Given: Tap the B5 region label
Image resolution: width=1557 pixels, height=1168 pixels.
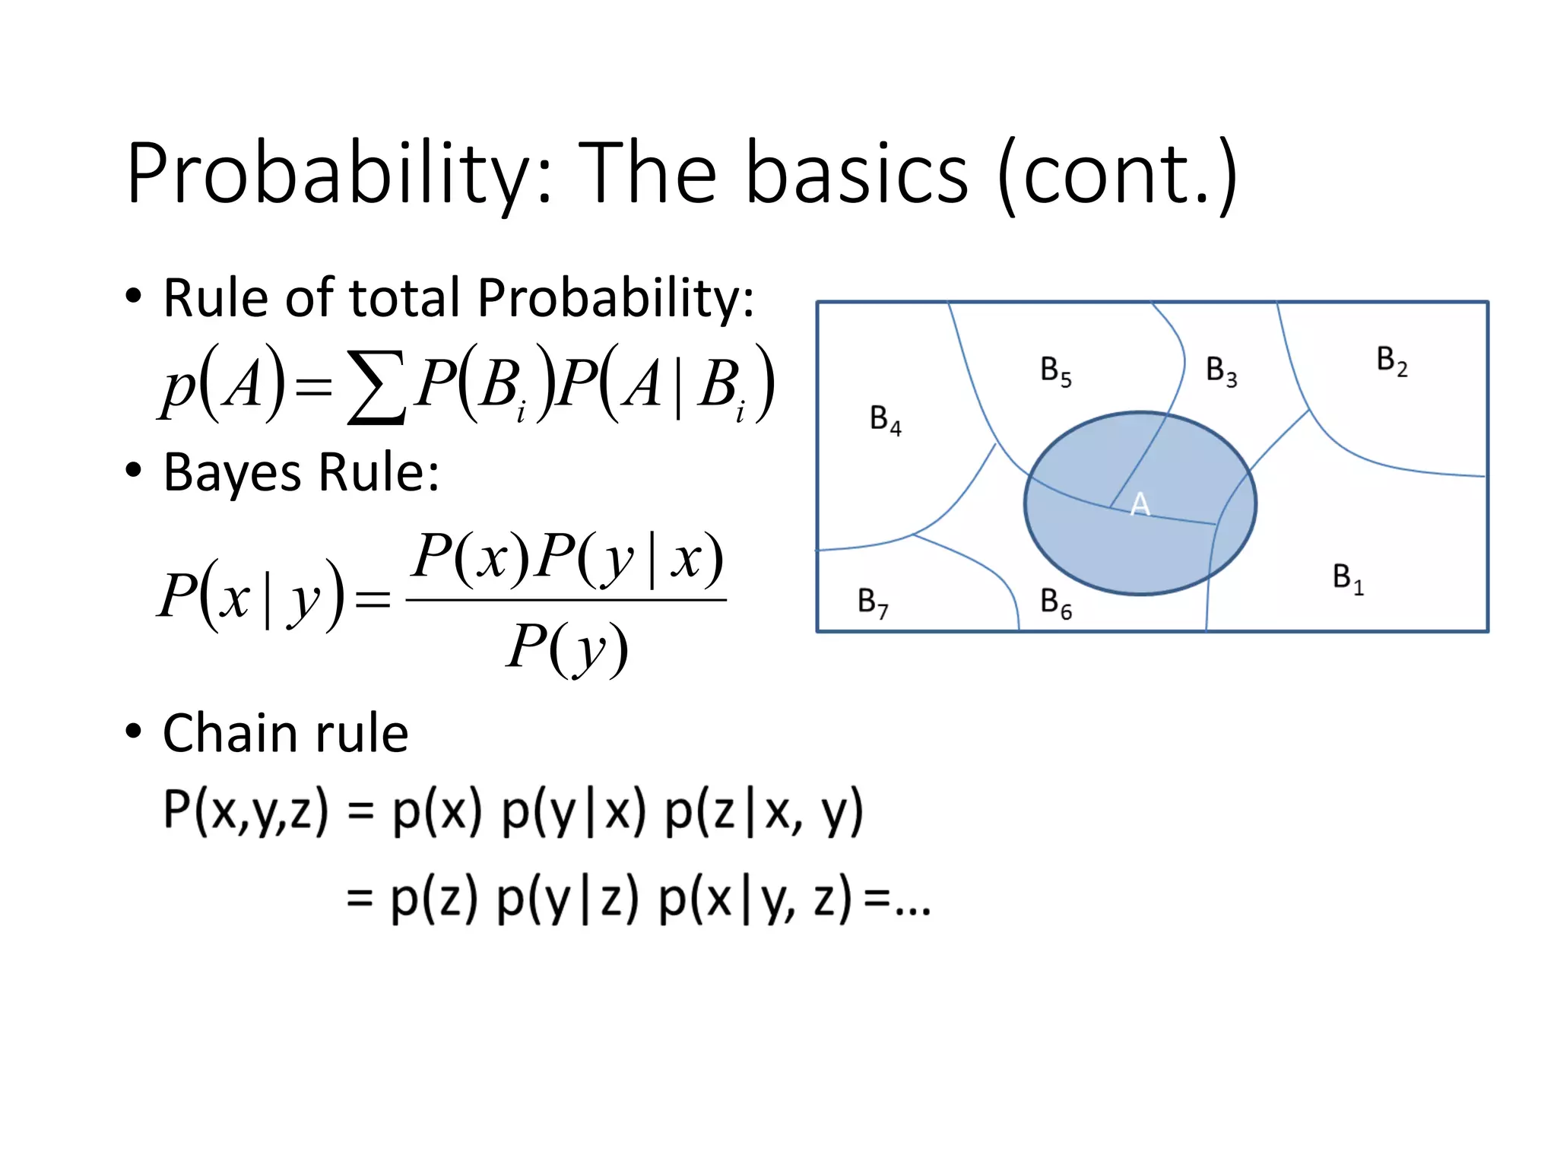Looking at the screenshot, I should pyautogui.click(x=1056, y=372).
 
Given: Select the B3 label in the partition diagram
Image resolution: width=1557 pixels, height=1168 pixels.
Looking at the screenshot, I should pyautogui.click(x=1222, y=372).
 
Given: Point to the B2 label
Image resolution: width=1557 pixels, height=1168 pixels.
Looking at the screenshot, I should pyautogui.click(x=1392, y=361).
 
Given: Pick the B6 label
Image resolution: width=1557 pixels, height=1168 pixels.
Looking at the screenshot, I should pyautogui.click(x=1056, y=604).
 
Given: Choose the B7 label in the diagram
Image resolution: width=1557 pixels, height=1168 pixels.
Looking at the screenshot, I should pyautogui.click(x=873, y=602).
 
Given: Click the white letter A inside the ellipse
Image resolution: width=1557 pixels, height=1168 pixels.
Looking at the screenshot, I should pyautogui.click(x=1140, y=504).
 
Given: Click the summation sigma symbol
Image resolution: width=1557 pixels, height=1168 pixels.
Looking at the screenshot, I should pyautogui.click(x=375, y=386).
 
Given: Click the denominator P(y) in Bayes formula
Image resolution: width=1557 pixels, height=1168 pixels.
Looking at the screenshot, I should pyautogui.click(x=567, y=649).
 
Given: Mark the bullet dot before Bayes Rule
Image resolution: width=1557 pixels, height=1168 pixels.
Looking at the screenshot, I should pyautogui.click(x=134, y=471).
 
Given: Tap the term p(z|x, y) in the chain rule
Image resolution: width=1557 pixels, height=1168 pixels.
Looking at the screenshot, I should pyautogui.click(x=764, y=812).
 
